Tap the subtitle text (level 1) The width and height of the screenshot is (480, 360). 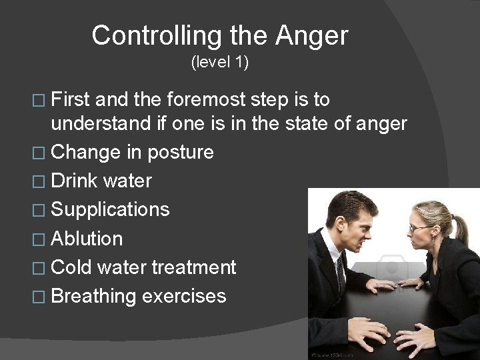(219, 63)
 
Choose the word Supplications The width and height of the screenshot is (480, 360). (110, 210)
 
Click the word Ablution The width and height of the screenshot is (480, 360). (87, 239)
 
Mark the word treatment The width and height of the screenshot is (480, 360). (193, 267)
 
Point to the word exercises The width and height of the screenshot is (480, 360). (184, 296)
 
